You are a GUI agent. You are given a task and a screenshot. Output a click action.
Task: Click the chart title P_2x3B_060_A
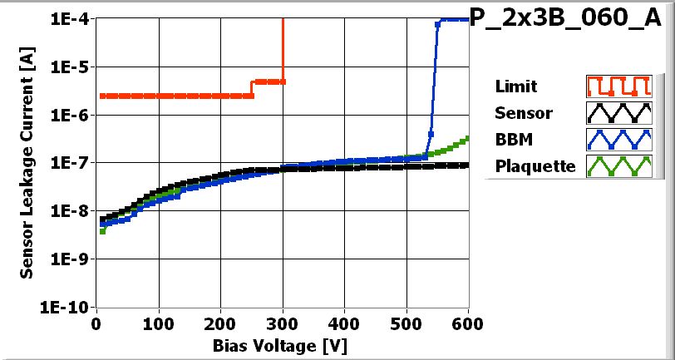[571, 20]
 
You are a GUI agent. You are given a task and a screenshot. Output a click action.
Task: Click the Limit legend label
[515, 86]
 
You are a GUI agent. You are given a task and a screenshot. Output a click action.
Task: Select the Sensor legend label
[523, 113]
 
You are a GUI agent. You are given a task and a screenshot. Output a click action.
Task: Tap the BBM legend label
[512, 140]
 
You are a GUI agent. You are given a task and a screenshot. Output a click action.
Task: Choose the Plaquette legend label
[535, 166]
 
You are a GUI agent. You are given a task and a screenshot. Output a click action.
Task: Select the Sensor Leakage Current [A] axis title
[27, 163]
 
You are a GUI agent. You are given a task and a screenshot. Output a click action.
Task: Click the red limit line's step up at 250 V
[252, 88]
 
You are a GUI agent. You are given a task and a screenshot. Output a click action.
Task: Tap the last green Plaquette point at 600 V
[467, 138]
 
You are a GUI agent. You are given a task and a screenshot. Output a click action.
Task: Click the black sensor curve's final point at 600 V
[466, 165]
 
